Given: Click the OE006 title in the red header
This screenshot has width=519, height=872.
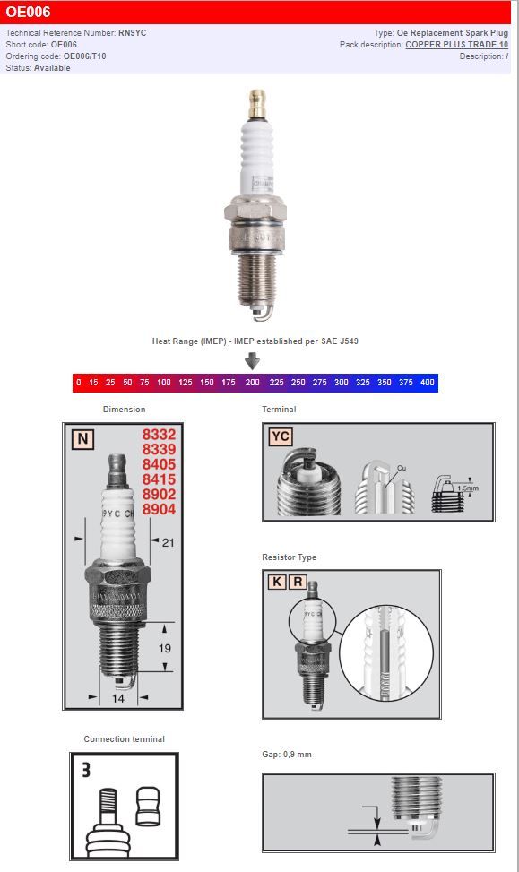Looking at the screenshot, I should (28, 13).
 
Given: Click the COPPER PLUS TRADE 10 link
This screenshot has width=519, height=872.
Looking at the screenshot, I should (456, 45).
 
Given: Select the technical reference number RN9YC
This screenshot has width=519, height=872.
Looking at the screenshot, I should (133, 33).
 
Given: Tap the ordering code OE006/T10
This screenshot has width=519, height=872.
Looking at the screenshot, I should (84, 56).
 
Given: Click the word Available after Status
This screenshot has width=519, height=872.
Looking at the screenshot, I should (52, 68).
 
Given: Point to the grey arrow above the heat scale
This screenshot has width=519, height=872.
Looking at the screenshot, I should (253, 360).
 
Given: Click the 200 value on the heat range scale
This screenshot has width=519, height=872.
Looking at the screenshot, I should (253, 383).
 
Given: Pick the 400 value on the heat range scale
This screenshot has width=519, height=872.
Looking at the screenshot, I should (428, 383).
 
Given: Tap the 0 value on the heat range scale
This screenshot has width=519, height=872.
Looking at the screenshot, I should (79, 383).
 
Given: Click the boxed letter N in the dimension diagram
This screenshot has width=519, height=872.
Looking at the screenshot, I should (82, 439).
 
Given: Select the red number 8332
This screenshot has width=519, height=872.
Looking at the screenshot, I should (159, 434).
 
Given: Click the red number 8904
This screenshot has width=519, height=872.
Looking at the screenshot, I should (159, 509).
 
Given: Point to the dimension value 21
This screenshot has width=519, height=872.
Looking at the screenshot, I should (168, 542).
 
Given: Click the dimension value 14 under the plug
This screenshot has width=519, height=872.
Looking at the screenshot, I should (117, 698).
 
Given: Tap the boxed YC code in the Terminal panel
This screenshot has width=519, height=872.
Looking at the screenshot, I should (281, 437).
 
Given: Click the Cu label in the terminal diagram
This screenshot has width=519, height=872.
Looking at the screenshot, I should (402, 468).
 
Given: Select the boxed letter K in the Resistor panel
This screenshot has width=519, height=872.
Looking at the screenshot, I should (277, 582).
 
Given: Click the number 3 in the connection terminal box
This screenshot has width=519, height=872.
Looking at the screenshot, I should (86, 769).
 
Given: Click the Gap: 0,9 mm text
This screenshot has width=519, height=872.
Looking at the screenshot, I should (287, 755).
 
